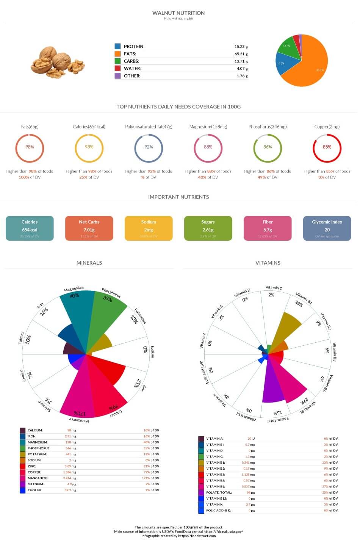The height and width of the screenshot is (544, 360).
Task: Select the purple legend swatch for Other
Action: click(117, 75)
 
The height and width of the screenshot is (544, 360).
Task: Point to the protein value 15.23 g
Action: click(241, 47)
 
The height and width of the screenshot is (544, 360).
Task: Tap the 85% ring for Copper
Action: click(327, 147)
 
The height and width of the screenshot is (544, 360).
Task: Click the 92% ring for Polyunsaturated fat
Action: click(149, 147)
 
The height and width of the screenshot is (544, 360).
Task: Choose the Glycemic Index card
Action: click(327, 228)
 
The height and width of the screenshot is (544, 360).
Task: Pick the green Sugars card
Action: click(208, 228)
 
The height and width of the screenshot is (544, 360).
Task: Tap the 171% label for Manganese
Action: click(80, 413)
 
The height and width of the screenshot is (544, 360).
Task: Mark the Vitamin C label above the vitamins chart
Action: click(274, 288)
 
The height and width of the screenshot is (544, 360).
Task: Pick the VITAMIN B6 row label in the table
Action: click(216, 486)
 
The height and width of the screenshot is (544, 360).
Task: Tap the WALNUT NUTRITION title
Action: click(178, 13)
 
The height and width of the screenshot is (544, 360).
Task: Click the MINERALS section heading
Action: click(89, 263)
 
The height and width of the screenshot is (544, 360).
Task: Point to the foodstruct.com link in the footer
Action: click(197, 536)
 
